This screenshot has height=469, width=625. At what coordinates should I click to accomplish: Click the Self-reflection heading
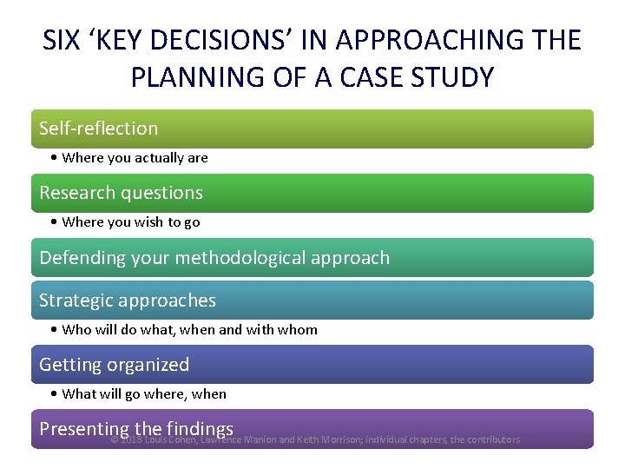[99, 129]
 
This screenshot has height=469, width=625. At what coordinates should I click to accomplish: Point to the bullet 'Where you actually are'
[135, 158]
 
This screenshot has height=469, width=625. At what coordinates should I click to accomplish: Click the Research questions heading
[121, 193]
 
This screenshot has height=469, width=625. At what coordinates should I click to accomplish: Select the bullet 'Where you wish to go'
[130, 222]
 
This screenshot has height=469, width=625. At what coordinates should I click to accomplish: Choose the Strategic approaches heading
[128, 301]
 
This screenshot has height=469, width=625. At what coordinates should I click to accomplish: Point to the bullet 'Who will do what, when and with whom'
[189, 330]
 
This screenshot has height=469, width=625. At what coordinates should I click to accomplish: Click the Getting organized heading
[114, 365]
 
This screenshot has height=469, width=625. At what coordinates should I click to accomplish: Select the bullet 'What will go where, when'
[144, 394]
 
